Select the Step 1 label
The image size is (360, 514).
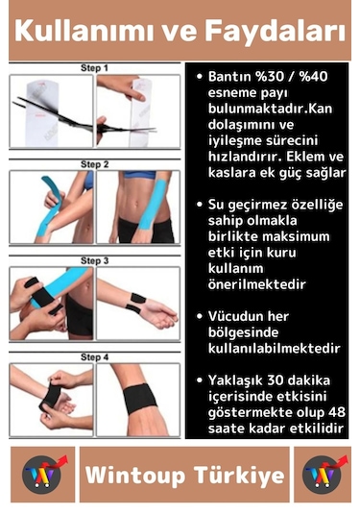tap(94, 68)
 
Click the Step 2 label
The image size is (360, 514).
tap(94, 164)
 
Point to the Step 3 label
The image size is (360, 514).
tap(94, 259)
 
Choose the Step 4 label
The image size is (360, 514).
tap(94, 356)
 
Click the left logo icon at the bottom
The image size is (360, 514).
tap(41, 475)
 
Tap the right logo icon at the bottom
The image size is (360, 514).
tap(319, 475)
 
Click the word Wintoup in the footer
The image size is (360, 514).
tap(133, 476)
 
